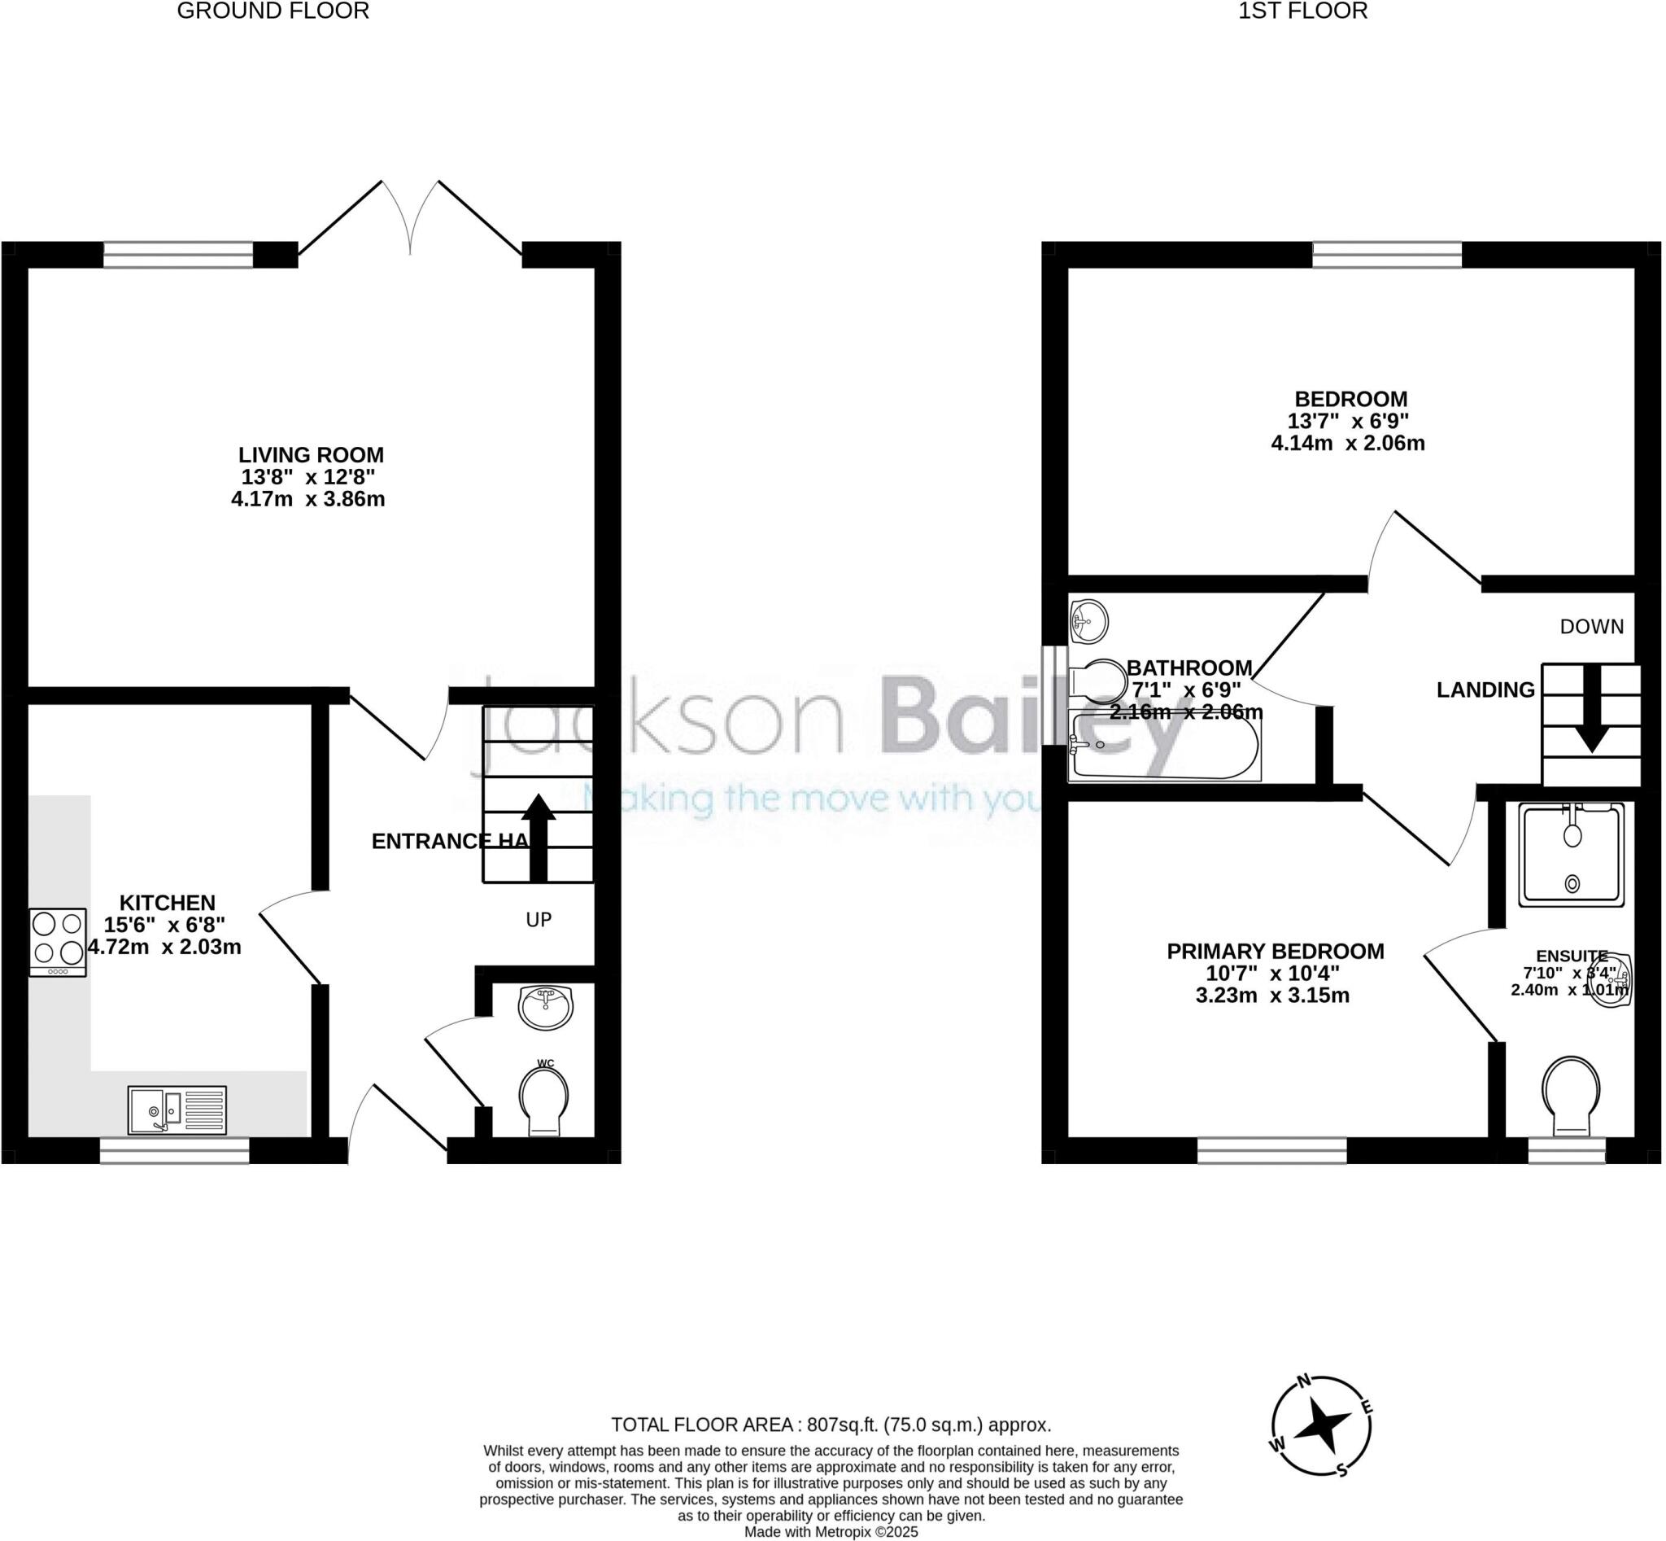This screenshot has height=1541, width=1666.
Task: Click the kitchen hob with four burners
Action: point(58,943)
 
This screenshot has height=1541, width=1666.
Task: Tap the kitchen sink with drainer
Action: point(177,1110)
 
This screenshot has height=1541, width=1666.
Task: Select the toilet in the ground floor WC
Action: point(544,1100)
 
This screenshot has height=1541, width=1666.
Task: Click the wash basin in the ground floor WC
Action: point(545,1007)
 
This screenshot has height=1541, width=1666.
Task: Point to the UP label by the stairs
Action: point(539,920)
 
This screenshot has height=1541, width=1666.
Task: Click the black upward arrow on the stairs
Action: point(539,837)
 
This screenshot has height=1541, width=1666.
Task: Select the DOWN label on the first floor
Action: point(1591,626)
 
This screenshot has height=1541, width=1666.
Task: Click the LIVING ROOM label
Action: point(311,455)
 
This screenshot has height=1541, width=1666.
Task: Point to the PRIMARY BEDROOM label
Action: point(1276,952)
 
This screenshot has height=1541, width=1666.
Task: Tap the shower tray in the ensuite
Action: point(1571,855)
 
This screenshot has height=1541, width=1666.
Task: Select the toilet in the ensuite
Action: point(1571,1095)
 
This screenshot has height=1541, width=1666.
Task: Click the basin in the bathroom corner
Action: point(1088,620)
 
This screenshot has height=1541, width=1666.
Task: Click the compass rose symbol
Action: point(1321,1426)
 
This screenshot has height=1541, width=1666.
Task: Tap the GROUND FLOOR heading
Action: point(273,11)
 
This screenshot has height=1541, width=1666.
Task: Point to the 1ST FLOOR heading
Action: point(1302,11)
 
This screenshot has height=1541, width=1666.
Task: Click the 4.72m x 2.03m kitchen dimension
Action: point(164,948)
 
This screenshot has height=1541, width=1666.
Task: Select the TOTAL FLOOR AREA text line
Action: point(831,1425)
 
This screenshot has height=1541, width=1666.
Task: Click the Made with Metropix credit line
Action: point(831,1533)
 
